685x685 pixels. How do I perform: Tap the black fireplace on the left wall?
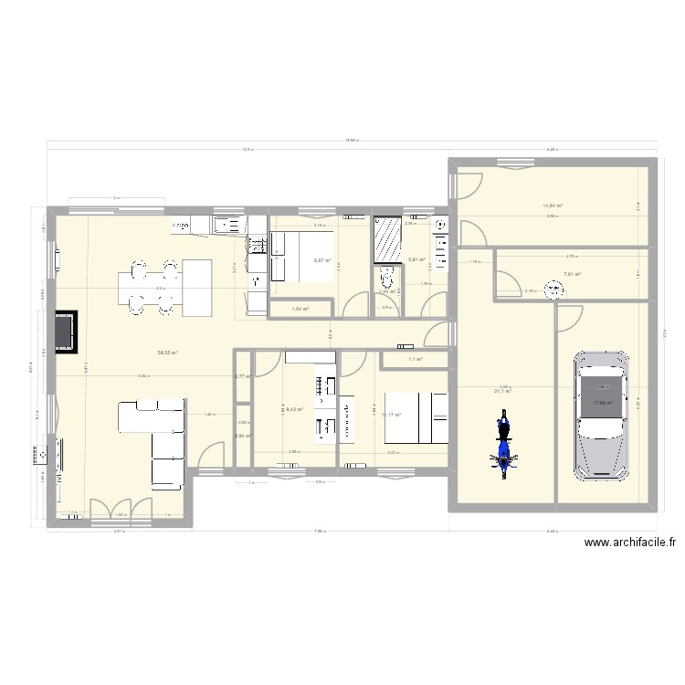(65, 331)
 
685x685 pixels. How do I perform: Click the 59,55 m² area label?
(166, 353)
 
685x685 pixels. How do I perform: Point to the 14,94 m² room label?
(553, 206)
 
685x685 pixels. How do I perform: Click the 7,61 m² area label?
(573, 274)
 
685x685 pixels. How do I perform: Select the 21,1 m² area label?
(502, 392)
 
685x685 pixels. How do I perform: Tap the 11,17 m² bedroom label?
(393, 416)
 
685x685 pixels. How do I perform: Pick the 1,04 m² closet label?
(300, 310)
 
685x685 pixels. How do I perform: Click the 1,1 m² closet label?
(414, 360)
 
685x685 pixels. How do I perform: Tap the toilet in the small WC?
(385, 276)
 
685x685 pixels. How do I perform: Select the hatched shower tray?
(387, 240)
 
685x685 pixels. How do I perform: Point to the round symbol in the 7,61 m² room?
(553, 291)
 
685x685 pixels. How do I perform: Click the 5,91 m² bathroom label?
(416, 260)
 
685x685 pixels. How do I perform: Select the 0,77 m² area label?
(242, 376)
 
